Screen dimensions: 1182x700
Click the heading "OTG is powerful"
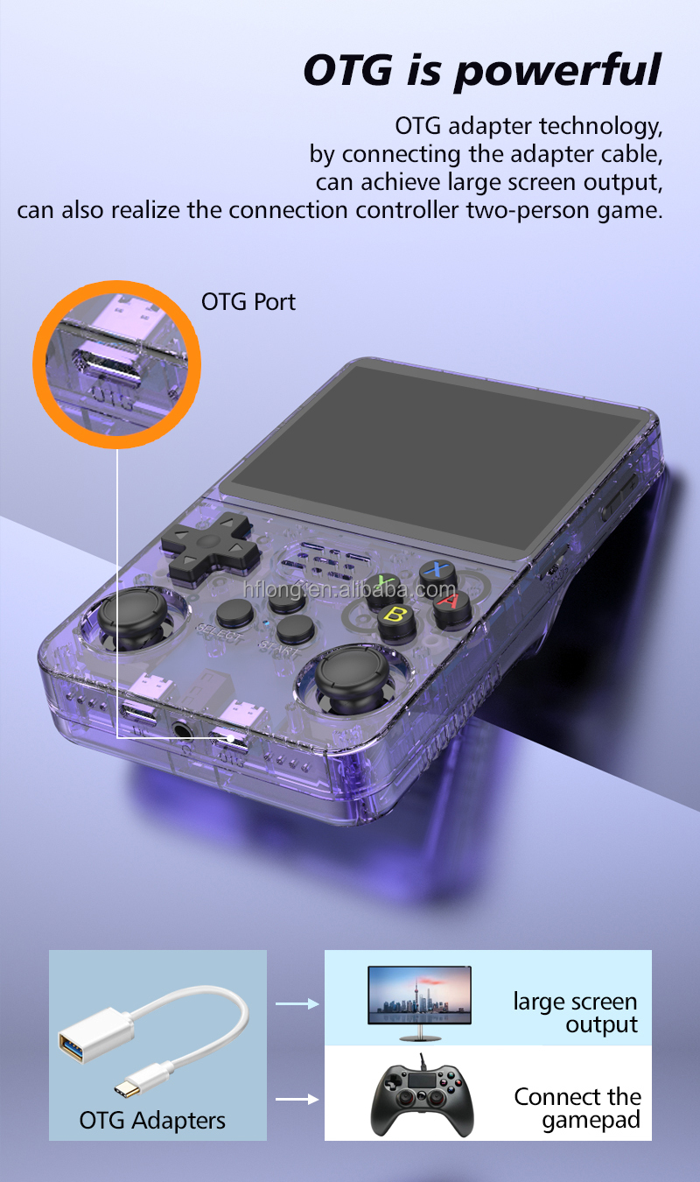coord(481,70)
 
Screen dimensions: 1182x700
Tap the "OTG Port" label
coord(248,302)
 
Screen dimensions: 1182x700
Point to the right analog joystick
coord(351,676)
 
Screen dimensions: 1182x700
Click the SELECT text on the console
coord(218,634)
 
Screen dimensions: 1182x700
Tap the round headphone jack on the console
coord(184,728)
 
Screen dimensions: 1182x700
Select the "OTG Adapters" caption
coord(152,1120)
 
